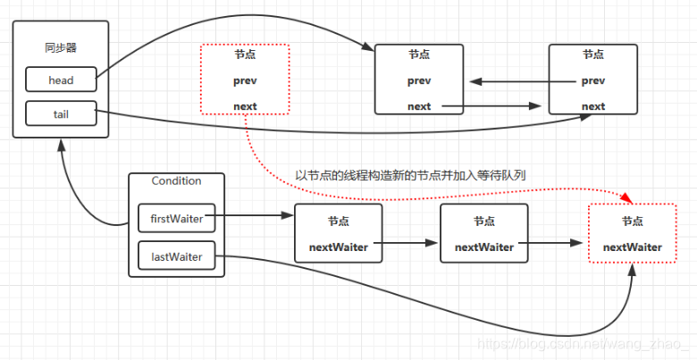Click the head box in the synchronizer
tap(61, 80)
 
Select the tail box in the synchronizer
tap(61, 113)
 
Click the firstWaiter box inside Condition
tap(176, 216)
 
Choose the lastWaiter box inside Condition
tap(176, 257)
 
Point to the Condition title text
tap(176, 180)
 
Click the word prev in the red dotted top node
tap(245, 80)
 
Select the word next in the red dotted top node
tap(245, 106)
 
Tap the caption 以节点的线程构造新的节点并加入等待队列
tap(410, 175)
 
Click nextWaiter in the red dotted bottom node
tap(633, 247)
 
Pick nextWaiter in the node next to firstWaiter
tap(338, 247)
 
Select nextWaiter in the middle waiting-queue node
tap(485, 247)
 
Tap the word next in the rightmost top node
tap(593, 106)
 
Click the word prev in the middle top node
tap(419, 81)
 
